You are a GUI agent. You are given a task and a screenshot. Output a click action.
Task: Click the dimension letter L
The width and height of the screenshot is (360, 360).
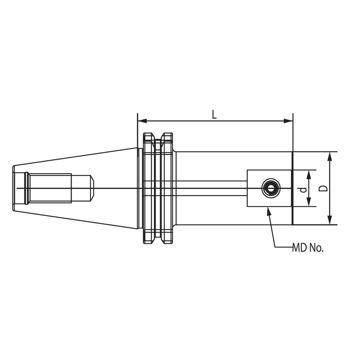point(214,114)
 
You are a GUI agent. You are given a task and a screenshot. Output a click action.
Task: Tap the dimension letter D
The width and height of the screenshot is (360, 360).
point(324,188)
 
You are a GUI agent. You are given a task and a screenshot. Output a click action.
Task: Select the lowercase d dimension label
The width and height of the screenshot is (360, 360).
point(303,189)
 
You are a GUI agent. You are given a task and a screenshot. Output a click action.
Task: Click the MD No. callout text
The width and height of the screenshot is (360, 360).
point(308,248)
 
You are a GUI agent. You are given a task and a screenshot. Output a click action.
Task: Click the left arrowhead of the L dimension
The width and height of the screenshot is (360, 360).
point(142,121)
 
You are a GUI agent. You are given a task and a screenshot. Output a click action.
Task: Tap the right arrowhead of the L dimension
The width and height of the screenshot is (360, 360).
point(288,121)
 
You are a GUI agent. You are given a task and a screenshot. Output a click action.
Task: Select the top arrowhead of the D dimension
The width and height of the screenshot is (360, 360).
point(330,157)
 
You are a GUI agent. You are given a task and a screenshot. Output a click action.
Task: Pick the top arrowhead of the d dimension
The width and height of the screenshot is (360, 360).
point(309,175)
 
